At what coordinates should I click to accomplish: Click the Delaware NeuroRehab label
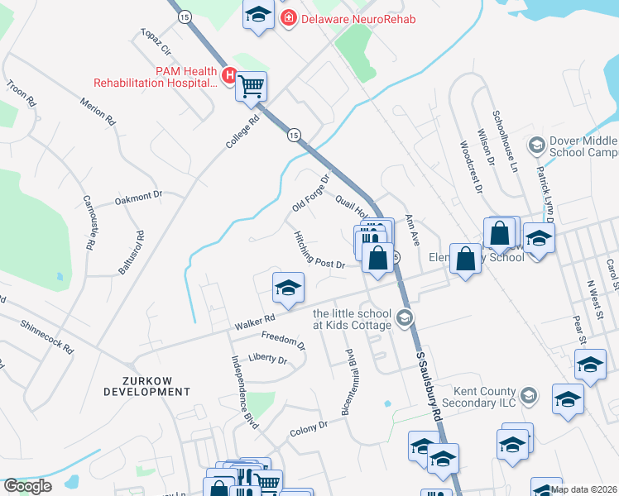click(x=357, y=18)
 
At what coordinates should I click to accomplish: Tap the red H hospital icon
click(x=231, y=77)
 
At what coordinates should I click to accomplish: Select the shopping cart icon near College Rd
click(x=252, y=86)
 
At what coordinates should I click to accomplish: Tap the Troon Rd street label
click(x=22, y=93)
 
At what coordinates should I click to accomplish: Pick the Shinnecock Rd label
click(x=46, y=336)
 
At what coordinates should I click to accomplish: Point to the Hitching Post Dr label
click(x=319, y=250)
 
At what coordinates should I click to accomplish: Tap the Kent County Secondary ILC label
click(x=484, y=397)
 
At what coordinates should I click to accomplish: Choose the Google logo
click(x=27, y=486)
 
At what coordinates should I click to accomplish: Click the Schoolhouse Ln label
click(x=504, y=141)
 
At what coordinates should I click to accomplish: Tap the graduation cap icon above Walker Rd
click(x=287, y=288)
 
